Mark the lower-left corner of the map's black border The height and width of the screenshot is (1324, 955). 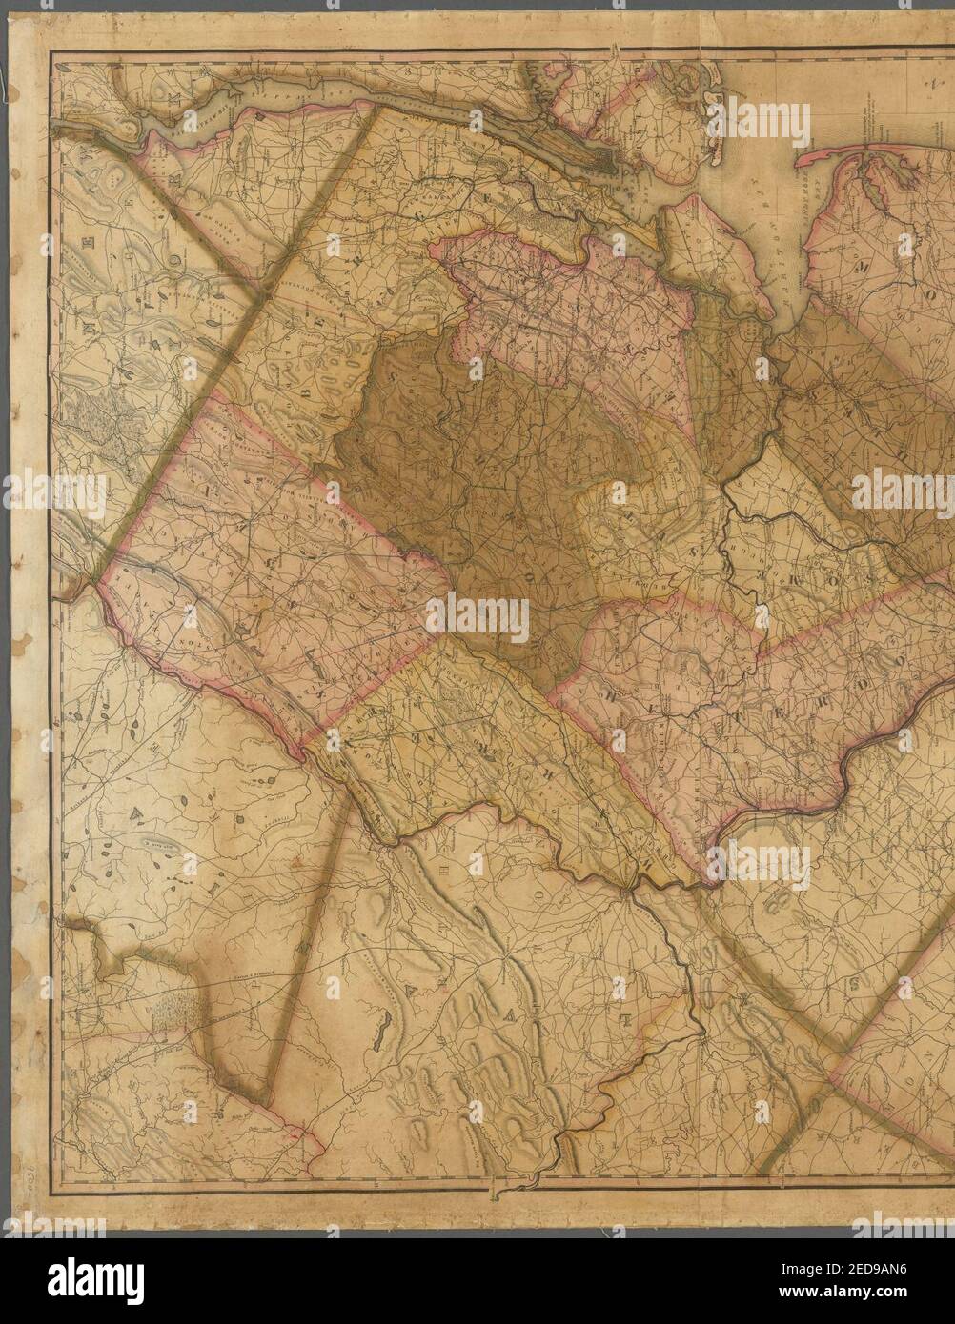[51, 1194]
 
